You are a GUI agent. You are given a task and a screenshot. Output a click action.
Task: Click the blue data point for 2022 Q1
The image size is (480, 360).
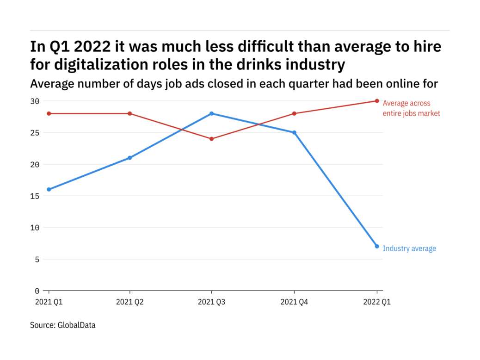pos(377,246)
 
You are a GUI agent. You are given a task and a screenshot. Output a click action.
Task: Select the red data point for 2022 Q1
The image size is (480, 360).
pos(377,101)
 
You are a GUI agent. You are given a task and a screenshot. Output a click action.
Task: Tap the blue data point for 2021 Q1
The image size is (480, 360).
pos(49,189)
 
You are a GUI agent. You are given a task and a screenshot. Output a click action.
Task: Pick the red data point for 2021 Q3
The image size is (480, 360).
pos(211,139)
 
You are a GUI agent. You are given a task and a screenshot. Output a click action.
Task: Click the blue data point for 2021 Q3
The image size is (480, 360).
pos(211,113)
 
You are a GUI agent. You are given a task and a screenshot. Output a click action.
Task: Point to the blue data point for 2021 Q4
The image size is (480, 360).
pos(294,132)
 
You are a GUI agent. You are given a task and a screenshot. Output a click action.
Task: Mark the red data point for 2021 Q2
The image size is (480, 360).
pos(130,113)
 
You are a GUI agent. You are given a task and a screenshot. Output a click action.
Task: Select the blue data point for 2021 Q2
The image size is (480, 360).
pos(130,158)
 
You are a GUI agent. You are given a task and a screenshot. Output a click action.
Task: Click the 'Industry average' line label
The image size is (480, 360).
pos(409,248)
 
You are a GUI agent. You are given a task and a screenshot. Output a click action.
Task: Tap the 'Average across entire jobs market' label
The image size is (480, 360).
pos(411,108)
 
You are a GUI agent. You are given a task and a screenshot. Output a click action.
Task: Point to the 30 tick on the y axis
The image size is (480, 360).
pos(35,101)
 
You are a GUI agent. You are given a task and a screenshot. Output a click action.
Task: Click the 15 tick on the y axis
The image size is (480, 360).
pos(35,196)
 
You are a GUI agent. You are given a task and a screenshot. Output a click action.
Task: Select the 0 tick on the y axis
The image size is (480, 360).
pos(37,291)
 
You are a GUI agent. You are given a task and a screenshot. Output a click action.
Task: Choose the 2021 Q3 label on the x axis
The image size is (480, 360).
pos(211,302)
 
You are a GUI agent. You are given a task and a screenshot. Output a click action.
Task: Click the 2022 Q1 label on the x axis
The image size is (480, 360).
pos(377,302)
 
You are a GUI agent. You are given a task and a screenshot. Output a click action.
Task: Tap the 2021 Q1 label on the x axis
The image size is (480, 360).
pos(49,302)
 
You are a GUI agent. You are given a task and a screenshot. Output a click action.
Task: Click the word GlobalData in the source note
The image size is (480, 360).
pos(76,325)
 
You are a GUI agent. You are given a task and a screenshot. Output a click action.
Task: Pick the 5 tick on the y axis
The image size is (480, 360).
pos(37,259)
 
